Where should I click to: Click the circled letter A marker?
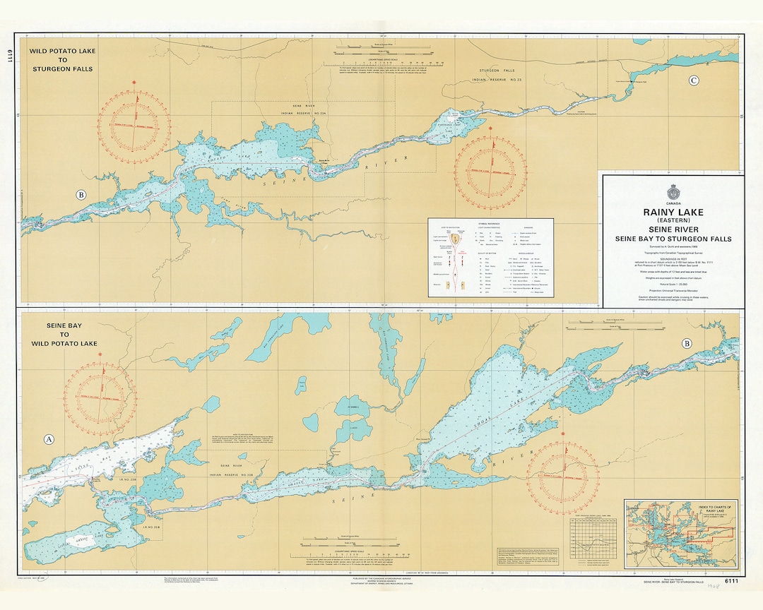(49, 439)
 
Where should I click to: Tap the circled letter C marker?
(694, 80)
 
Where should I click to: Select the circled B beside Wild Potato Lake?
(81, 195)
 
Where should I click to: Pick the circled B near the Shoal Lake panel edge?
(687, 344)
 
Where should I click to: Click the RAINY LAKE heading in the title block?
(672, 211)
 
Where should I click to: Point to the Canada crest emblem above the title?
(673, 193)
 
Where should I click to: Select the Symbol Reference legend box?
(491, 257)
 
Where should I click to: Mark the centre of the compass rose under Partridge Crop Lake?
(490, 172)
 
